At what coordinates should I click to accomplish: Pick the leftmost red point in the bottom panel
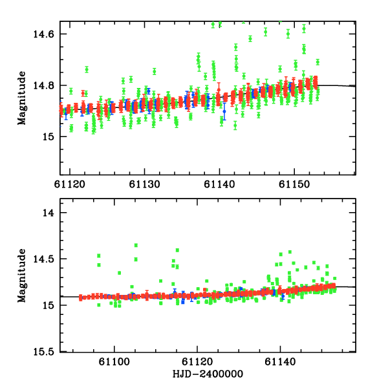click(x=81, y=298)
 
